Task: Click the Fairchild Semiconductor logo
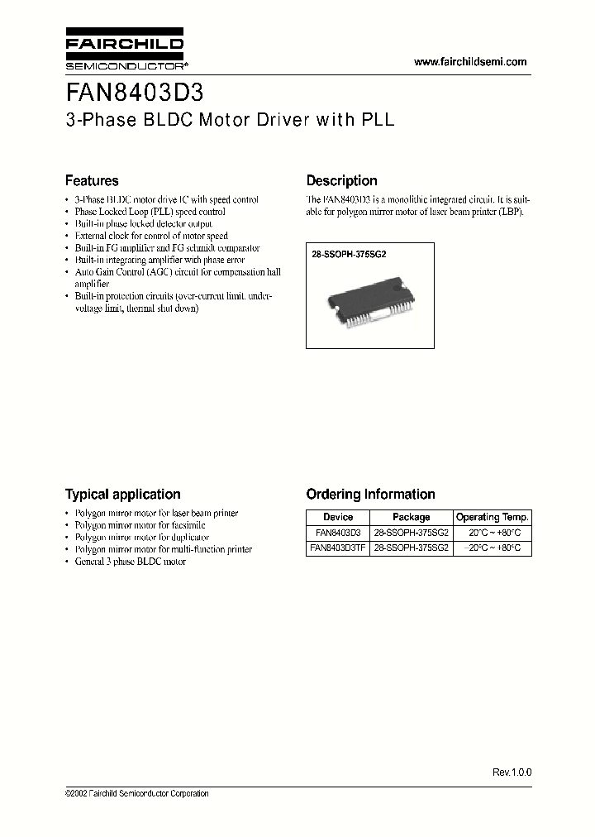coord(124,51)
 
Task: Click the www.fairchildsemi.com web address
coord(469,62)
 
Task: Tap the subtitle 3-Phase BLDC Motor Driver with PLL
coord(230,119)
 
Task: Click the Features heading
coord(92,180)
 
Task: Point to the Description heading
coord(341,180)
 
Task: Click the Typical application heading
coord(122,494)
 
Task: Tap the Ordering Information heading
coord(370,494)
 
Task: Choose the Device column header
coord(338,517)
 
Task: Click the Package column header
coord(411,517)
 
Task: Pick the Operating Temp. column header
coord(493,517)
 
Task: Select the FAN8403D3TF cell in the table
coord(338,548)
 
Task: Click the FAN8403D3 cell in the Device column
coord(338,533)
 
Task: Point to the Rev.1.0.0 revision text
coord(512,772)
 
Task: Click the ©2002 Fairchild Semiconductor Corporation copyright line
coord(136,793)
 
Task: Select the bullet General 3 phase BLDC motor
coord(130,561)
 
